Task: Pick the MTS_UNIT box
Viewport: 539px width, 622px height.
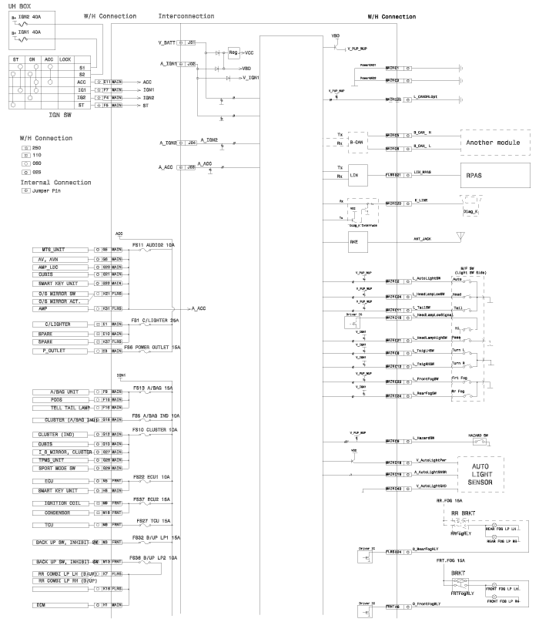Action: (61, 250)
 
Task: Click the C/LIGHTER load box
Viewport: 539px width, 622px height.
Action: (61, 324)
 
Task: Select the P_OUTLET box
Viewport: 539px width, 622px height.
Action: (61, 351)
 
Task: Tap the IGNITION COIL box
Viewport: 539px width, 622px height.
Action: (61, 503)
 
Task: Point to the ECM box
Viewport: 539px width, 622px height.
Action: (61, 606)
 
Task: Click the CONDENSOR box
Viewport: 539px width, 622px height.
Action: (61, 511)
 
